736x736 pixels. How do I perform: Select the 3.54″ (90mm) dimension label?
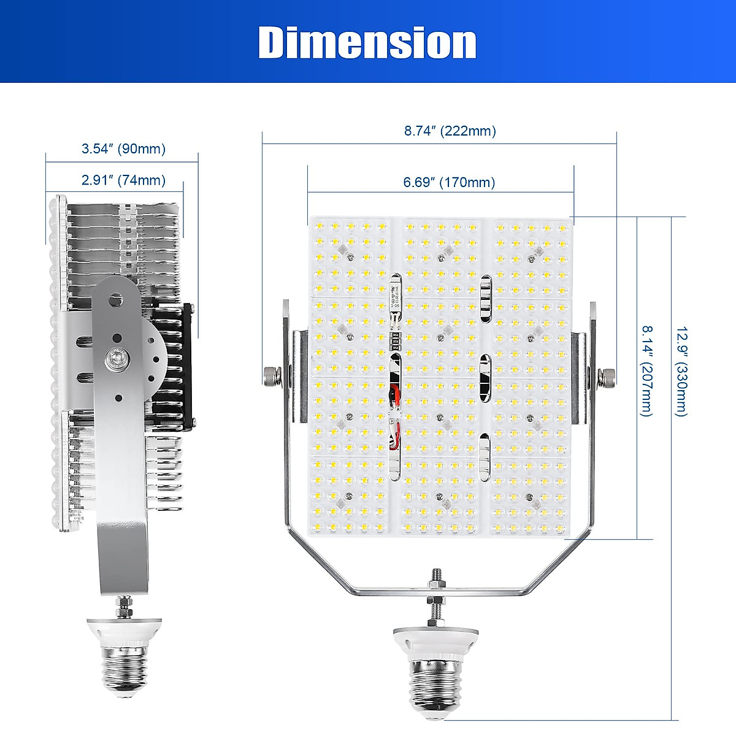tap(123, 149)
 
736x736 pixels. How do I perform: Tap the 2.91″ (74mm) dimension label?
tap(123, 180)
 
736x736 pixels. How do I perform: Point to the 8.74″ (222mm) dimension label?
tap(450, 131)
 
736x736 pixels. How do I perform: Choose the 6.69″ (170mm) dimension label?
tap(449, 182)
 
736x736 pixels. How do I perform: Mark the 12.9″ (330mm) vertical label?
tap(681, 370)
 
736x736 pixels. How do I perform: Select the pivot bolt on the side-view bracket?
tap(117, 359)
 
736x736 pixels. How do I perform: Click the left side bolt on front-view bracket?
tap(270, 376)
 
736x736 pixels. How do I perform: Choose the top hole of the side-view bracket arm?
tap(116, 300)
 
